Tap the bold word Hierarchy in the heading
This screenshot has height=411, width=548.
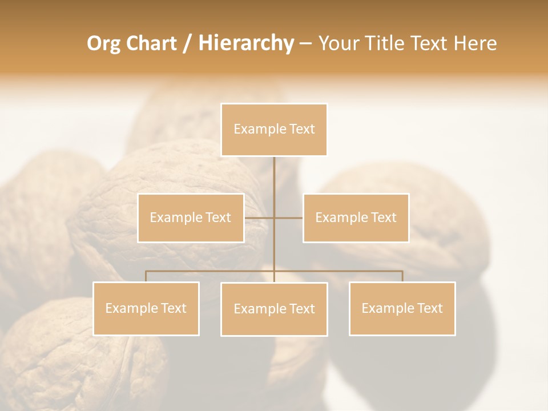coord(245,44)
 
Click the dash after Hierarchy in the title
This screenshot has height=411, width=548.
coord(305,44)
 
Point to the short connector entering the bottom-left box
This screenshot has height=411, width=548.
coord(146,276)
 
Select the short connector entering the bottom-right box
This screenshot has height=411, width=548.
coord(402,276)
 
